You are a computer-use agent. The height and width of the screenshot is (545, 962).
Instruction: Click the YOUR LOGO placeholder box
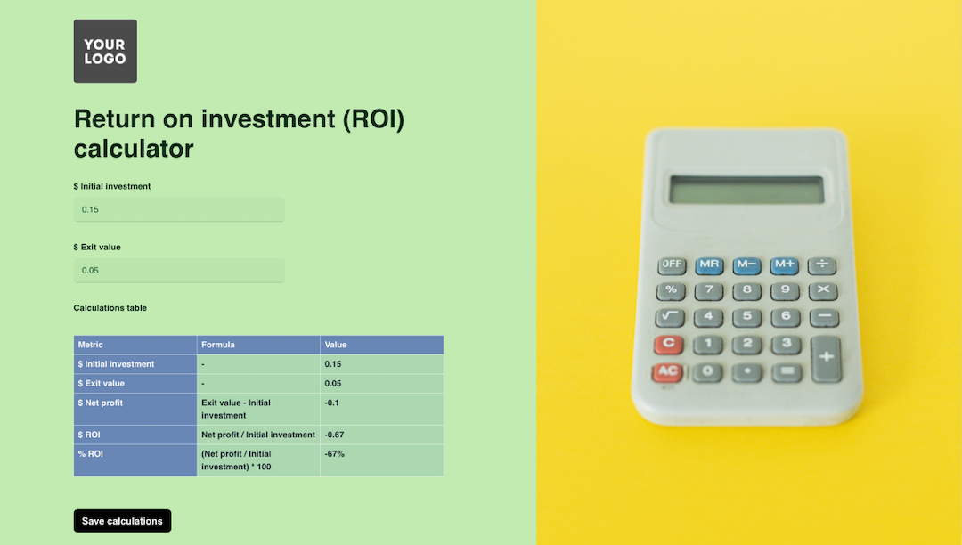point(105,51)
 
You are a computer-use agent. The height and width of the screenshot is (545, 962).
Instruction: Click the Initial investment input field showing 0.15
point(178,209)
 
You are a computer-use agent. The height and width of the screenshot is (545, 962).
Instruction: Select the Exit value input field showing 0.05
point(178,270)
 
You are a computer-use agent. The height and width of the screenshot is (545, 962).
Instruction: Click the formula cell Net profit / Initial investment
point(257,435)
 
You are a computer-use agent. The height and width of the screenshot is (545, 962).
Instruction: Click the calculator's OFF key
point(672,264)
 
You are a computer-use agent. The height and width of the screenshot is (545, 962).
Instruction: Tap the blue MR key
point(709,264)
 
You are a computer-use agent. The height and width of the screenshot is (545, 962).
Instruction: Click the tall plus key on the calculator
point(826,358)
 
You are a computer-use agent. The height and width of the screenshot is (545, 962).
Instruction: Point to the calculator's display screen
point(746,190)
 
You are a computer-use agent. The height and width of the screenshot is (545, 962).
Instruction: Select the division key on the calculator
point(822,264)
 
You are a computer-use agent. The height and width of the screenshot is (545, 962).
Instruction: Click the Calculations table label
point(110,308)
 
